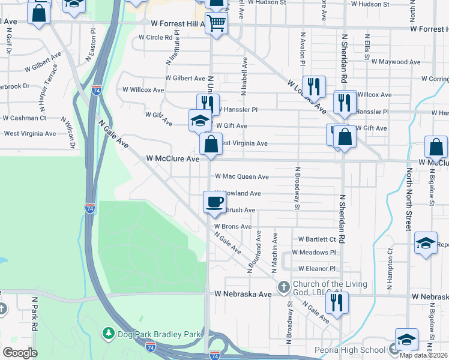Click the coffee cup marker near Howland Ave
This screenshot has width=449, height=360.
click(x=214, y=202)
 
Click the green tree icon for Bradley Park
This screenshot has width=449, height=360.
click(x=108, y=332)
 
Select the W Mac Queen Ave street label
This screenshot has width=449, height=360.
click(x=241, y=177)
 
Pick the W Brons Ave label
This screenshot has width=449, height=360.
click(x=233, y=227)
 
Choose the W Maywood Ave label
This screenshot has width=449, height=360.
click(x=396, y=61)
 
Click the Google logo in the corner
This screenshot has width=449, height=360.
click(x=20, y=352)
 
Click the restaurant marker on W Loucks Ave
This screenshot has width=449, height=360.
click(x=315, y=86)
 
